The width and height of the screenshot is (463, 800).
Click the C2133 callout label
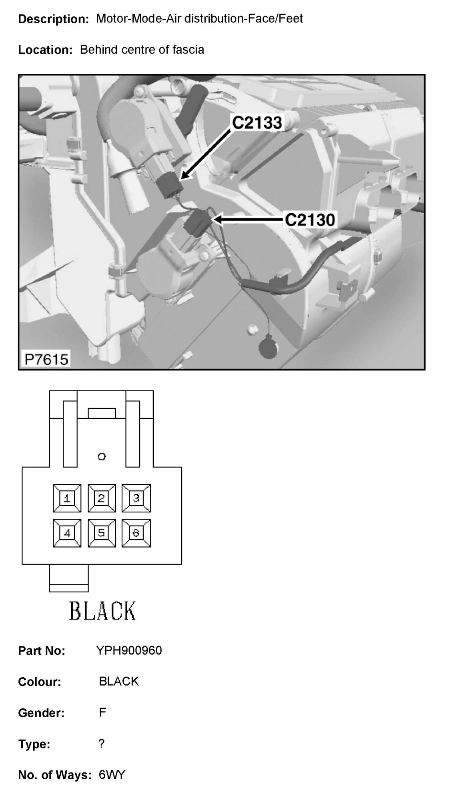[257, 123]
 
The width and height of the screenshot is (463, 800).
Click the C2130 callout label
[310, 220]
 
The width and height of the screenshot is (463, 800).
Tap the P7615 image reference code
[46, 359]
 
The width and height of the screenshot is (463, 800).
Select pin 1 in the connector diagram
[67, 498]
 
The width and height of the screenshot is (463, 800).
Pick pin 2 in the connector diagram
[102, 498]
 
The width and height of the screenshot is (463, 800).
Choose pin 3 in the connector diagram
[136, 498]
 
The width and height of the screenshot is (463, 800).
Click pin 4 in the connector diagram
[67, 533]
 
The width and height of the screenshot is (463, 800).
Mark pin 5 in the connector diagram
[102, 533]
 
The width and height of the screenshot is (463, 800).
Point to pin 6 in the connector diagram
[136, 533]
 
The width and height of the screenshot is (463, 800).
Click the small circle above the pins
[102, 456]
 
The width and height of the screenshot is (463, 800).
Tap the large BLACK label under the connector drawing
[102, 611]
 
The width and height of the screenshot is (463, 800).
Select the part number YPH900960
[129, 651]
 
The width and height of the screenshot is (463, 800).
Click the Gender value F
[102, 712]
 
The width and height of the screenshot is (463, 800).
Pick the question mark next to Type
[101, 744]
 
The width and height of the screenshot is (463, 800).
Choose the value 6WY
[112, 775]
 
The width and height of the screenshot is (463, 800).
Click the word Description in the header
[53, 19]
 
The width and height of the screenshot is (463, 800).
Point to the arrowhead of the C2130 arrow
[216, 220]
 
